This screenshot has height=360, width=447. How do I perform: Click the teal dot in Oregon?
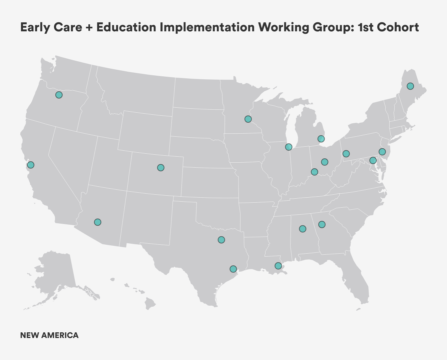coord(59,95)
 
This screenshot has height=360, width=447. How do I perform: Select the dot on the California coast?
coord(31,165)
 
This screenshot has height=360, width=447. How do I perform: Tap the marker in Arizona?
coord(97,222)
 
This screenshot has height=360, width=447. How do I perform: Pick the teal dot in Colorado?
coord(160,168)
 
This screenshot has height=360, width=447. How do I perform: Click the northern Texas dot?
coord(221,240)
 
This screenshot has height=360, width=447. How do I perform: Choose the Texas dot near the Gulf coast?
coord(233,269)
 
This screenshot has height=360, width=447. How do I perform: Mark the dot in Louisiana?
coord(278,266)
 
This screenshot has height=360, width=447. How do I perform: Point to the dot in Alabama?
coord(303,229)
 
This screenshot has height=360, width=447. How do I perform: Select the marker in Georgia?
coord(322,224)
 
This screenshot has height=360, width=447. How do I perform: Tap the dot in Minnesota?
coord(248,119)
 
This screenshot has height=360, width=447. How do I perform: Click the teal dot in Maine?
coord(410,86)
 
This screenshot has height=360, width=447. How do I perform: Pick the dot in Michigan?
coord(321,139)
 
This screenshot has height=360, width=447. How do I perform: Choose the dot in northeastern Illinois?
coord(289,147)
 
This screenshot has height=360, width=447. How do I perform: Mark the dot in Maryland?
coord(373,161)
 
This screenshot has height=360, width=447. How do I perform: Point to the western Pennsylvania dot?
coord(346,154)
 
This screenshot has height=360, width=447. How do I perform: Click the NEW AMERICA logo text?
coord(49,335)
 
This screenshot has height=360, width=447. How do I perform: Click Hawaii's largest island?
coord(150,303)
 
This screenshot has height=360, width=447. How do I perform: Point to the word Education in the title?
coord(126,27)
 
